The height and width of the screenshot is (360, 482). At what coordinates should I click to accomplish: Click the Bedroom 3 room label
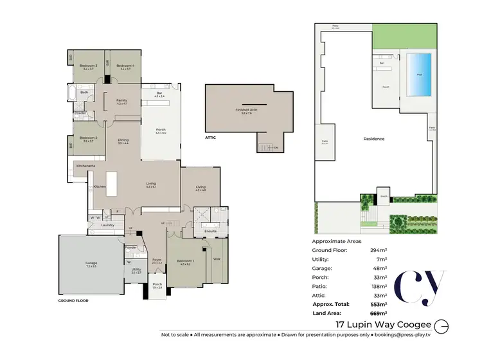coord(88,66)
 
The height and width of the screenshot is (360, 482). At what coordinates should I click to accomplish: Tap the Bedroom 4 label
coord(125,66)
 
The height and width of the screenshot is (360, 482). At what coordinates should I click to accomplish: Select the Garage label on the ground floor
coord(91,263)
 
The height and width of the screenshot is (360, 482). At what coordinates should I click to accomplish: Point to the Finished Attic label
coord(248,111)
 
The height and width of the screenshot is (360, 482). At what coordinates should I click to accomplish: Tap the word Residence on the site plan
coord(374,139)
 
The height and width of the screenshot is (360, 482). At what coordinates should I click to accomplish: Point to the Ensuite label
coord(210,230)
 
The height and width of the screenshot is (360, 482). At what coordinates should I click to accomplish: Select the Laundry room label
coord(108,225)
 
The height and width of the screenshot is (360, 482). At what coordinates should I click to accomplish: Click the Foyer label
coord(157,260)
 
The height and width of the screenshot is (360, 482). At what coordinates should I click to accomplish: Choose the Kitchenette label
coord(85,166)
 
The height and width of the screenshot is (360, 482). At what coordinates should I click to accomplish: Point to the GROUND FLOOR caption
coord(73,300)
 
